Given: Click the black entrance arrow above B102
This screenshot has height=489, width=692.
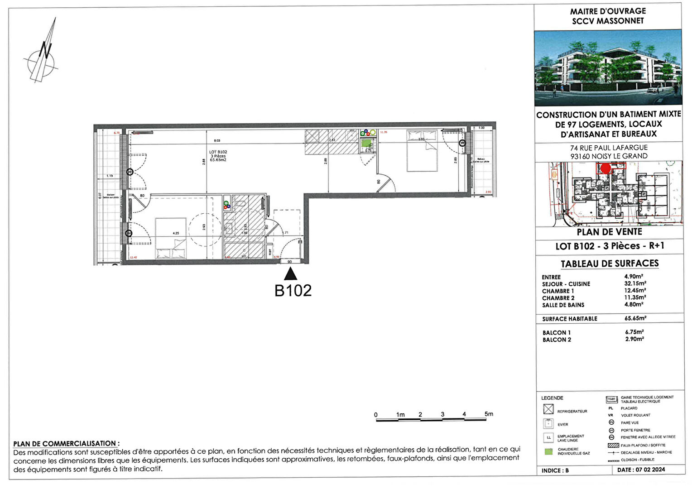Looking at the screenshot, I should pyautogui.click(x=290, y=274).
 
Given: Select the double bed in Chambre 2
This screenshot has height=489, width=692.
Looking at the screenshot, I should pyautogui.click(x=422, y=151).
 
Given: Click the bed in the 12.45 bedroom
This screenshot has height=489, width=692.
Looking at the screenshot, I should pyautogui.click(x=170, y=238).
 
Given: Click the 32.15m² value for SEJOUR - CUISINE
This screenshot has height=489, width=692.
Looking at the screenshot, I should pyautogui.click(x=635, y=284).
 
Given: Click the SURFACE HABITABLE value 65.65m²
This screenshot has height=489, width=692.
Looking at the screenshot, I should pyautogui.click(x=635, y=318).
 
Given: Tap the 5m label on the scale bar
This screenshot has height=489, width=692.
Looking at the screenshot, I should pyautogui.click(x=488, y=414).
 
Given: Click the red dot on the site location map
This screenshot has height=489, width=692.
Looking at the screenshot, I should pyautogui.click(x=605, y=168).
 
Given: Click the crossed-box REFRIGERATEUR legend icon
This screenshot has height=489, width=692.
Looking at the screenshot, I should pyautogui.click(x=548, y=409).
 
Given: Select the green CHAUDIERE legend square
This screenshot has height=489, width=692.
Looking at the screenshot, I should pyautogui.click(x=548, y=451).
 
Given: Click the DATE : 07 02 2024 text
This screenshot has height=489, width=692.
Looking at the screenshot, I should pyautogui.click(x=641, y=470).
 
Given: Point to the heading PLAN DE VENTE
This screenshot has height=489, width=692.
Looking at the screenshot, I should pyautogui.click(x=609, y=232).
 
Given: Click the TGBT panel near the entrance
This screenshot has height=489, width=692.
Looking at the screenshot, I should pyautogui.click(x=270, y=252).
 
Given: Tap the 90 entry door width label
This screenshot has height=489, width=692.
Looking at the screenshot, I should pyautogui.click(x=289, y=262).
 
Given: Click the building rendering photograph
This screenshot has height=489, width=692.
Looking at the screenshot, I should pyautogui.click(x=608, y=68).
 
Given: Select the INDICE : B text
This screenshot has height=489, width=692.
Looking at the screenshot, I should pyautogui.click(x=555, y=470).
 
